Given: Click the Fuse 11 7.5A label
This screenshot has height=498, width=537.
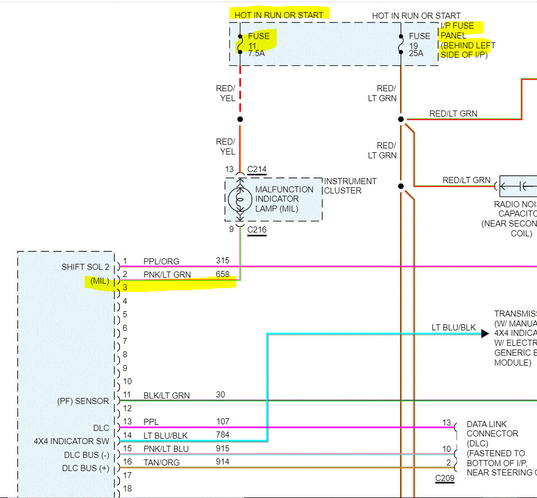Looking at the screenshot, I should [258, 45].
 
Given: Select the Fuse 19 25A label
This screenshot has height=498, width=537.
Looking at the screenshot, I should [419, 45].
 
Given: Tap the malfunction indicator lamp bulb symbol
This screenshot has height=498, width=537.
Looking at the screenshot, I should [240, 199].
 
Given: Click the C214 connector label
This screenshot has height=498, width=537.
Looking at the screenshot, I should [256, 169].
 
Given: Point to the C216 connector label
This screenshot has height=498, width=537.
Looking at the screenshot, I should [256, 229].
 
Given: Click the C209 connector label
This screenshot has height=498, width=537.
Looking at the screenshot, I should [445, 478].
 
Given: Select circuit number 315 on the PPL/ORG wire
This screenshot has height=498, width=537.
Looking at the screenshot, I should [222, 261].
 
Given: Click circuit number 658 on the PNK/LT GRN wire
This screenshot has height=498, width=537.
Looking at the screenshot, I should [222, 274].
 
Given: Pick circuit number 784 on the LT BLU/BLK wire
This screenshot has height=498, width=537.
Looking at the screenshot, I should [222, 435].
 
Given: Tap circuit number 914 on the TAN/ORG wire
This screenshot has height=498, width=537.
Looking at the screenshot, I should [222, 462].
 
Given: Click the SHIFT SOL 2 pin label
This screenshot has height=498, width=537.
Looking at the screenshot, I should [85, 267].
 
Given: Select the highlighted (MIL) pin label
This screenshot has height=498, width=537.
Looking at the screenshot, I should [100, 281].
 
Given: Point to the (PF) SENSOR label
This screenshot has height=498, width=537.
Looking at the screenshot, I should [83, 401].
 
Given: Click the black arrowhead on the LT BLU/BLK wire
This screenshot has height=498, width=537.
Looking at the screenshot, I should [485, 333].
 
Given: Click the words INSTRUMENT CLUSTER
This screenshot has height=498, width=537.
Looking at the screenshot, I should [350, 186].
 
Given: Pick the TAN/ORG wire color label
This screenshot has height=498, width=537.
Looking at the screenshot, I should [161, 462].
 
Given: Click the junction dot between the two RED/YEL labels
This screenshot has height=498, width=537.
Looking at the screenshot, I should [240, 119].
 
